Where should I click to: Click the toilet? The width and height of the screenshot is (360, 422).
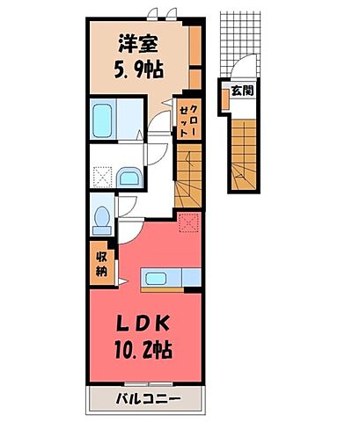coord(102,215)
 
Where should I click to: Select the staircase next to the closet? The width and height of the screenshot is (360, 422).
coord(188,175)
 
